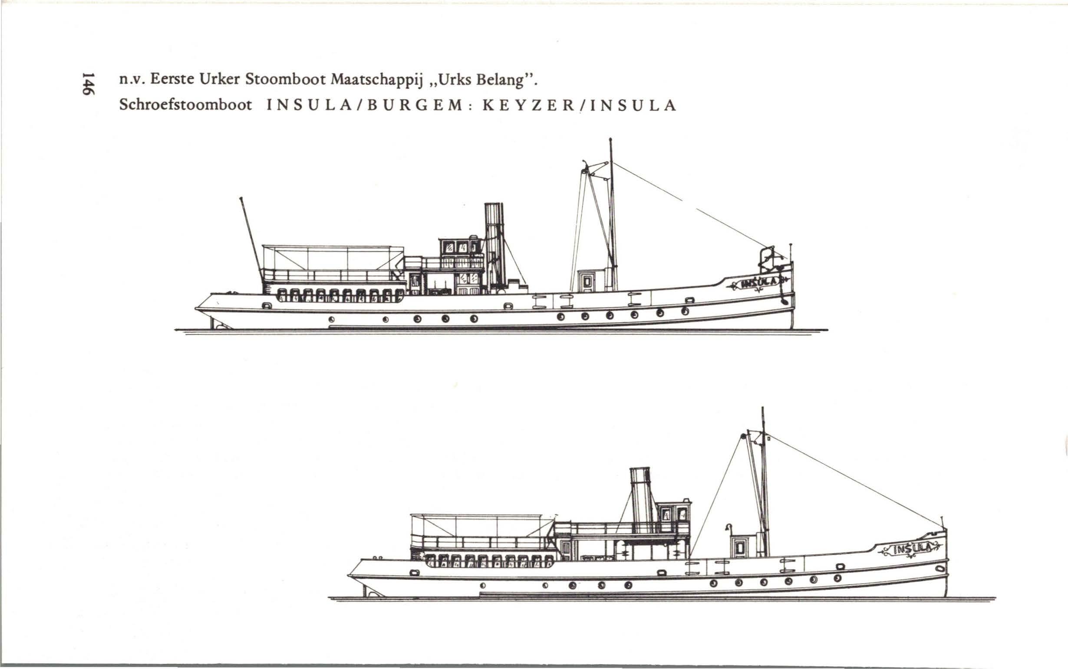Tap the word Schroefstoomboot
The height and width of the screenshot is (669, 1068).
(185, 105)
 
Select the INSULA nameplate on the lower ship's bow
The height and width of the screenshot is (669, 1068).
(910, 549)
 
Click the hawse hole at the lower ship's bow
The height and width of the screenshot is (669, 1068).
(937, 568)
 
